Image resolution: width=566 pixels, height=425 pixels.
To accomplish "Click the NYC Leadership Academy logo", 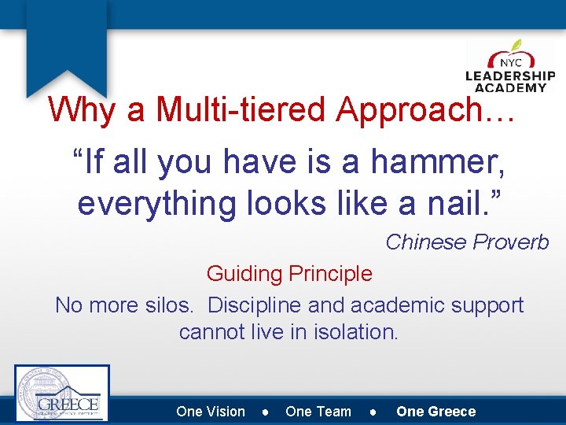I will [510, 67].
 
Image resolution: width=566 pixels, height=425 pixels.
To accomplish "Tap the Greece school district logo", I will [62, 394].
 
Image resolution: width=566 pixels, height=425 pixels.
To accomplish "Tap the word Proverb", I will [511, 242].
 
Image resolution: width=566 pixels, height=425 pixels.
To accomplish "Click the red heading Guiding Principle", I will [289, 274].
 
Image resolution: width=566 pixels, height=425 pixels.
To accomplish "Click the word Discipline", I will [255, 305].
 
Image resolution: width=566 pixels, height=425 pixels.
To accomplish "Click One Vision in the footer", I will [211, 412].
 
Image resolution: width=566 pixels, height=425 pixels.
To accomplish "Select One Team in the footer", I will [318, 412].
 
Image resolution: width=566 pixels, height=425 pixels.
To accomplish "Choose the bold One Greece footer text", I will [436, 412].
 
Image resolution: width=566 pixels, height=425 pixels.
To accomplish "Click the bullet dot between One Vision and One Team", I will [266, 412].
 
